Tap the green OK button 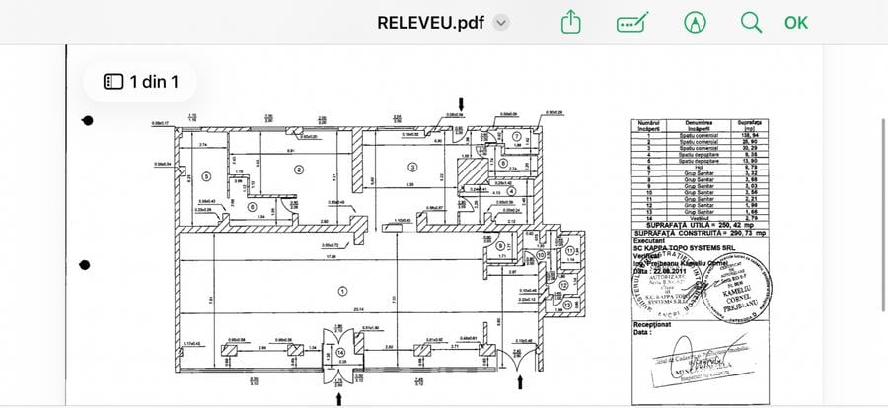coord(795,22)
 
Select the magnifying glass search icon coord(751,22)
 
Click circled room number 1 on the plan coord(341,290)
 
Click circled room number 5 coord(206,176)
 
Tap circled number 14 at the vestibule coord(340,350)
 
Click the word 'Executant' coord(651,240)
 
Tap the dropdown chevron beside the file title coord(501,22)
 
